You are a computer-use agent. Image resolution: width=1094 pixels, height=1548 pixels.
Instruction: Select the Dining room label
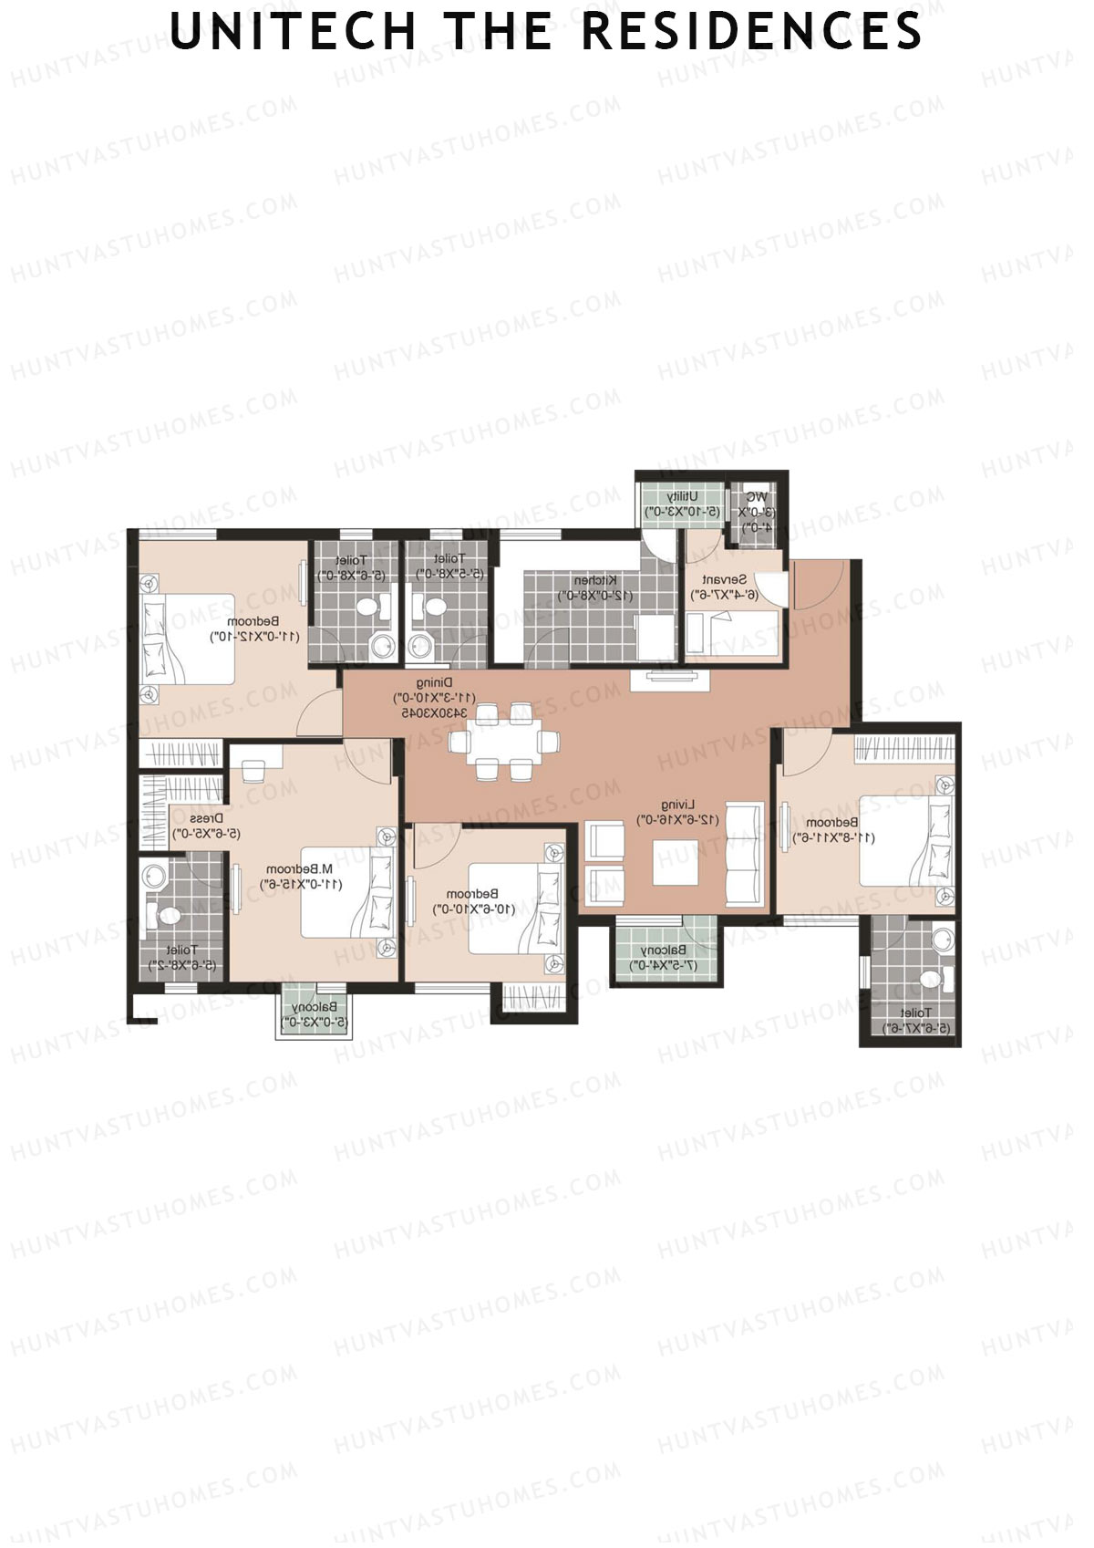[434, 682]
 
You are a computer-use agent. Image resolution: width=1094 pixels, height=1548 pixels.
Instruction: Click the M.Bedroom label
[304, 869]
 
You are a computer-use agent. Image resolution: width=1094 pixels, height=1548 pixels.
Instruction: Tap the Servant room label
[724, 580]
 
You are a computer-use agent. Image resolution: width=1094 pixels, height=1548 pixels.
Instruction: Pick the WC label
[756, 497]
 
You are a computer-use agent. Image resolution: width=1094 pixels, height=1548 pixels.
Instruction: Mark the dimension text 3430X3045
[434, 712]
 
